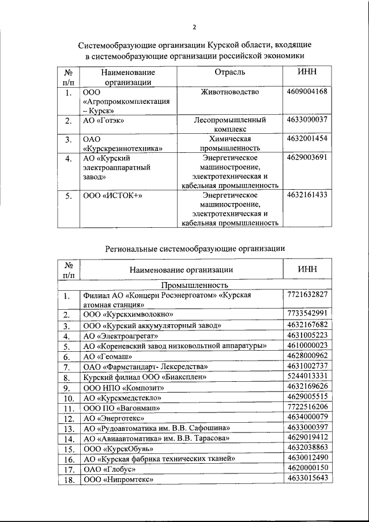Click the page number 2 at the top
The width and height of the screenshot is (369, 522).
pyautogui.click(x=195, y=27)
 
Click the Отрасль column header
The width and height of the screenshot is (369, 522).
pyautogui.click(x=229, y=72)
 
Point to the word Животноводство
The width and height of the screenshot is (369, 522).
pyautogui.click(x=229, y=92)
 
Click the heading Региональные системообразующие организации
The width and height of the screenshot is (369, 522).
pyautogui.click(x=195, y=249)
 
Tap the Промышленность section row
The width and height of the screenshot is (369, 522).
pyautogui.click(x=195, y=285)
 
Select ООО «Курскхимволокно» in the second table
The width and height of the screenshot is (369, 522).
pyautogui.click(x=129, y=314)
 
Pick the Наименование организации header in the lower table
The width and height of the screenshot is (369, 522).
pyautogui.click(x=181, y=269)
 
